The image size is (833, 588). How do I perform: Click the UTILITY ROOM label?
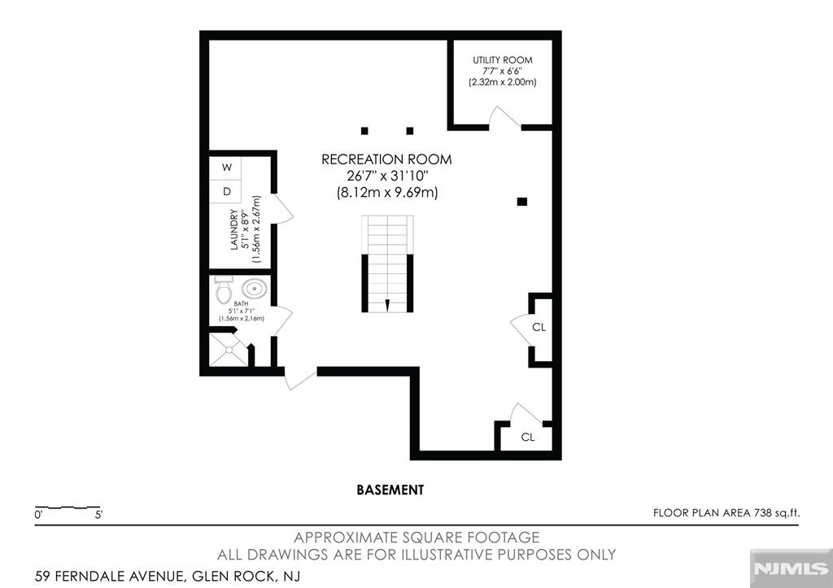tap(503, 60)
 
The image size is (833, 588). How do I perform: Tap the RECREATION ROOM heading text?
tap(386, 159)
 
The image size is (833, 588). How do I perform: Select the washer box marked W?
tap(225, 168)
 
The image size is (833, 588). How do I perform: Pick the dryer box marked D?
tap(225, 191)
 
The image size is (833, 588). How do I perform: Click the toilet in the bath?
tap(223, 289)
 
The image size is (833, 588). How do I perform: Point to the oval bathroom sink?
tap(255, 289)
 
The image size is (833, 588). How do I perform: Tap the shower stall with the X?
tap(229, 350)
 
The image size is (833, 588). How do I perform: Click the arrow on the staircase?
tap(387, 305)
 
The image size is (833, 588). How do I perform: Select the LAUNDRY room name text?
tap(233, 229)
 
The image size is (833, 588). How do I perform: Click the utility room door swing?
tap(504, 117)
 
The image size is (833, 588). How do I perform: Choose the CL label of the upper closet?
tap(539, 327)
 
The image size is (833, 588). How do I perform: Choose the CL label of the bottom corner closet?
tap(527, 438)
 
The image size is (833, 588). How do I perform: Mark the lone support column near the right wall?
tap(522, 202)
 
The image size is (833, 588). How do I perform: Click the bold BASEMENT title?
tap(390, 490)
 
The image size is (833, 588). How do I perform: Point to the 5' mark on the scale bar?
tap(98, 515)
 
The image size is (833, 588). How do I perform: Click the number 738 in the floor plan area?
tap(762, 513)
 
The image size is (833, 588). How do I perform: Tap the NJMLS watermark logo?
tap(791, 568)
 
